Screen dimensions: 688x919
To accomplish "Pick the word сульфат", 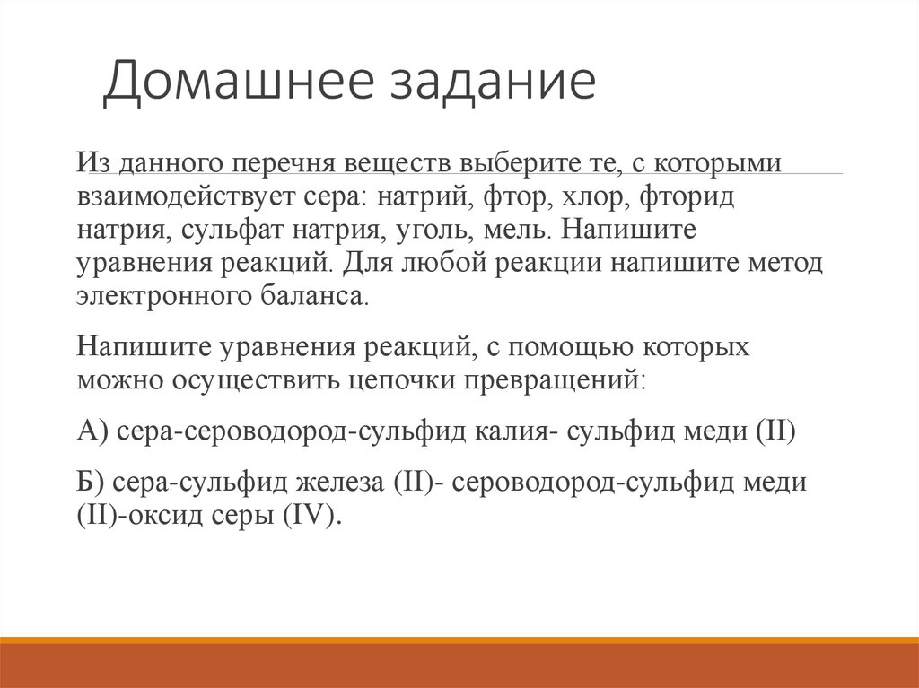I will point(234,229).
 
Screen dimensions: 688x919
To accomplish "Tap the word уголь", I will point(426,229).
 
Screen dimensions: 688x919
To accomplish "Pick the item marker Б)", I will point(92,483).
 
